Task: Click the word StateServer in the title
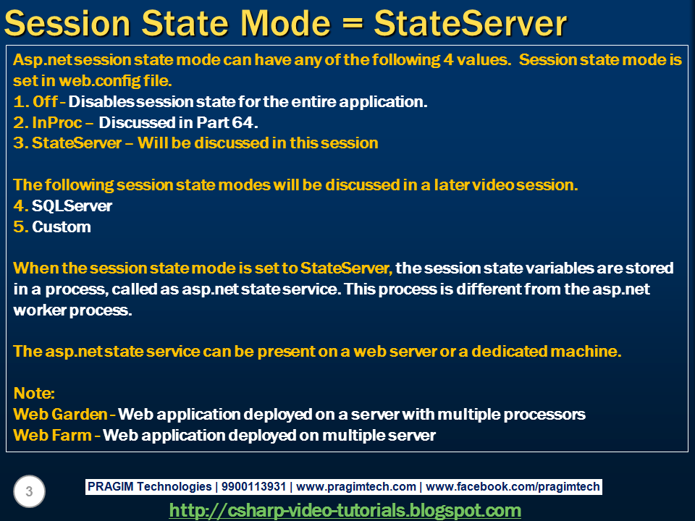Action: coord(471,23)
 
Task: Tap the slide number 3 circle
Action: coord(29,491)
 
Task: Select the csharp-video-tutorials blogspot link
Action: coord(345,510)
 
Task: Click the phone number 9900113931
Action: coord(253,486)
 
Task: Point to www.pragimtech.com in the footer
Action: coord(356,487)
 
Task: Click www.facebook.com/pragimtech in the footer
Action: coord(513,487)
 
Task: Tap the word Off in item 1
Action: coord(45,101)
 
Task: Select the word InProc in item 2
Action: coord(56,122)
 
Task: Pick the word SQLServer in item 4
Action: coord(72,206)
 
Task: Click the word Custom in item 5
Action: coord(61,226)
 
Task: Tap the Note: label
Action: coord(34,393)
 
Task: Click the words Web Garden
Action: coord(60,414)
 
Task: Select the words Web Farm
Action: coord(52,435)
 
